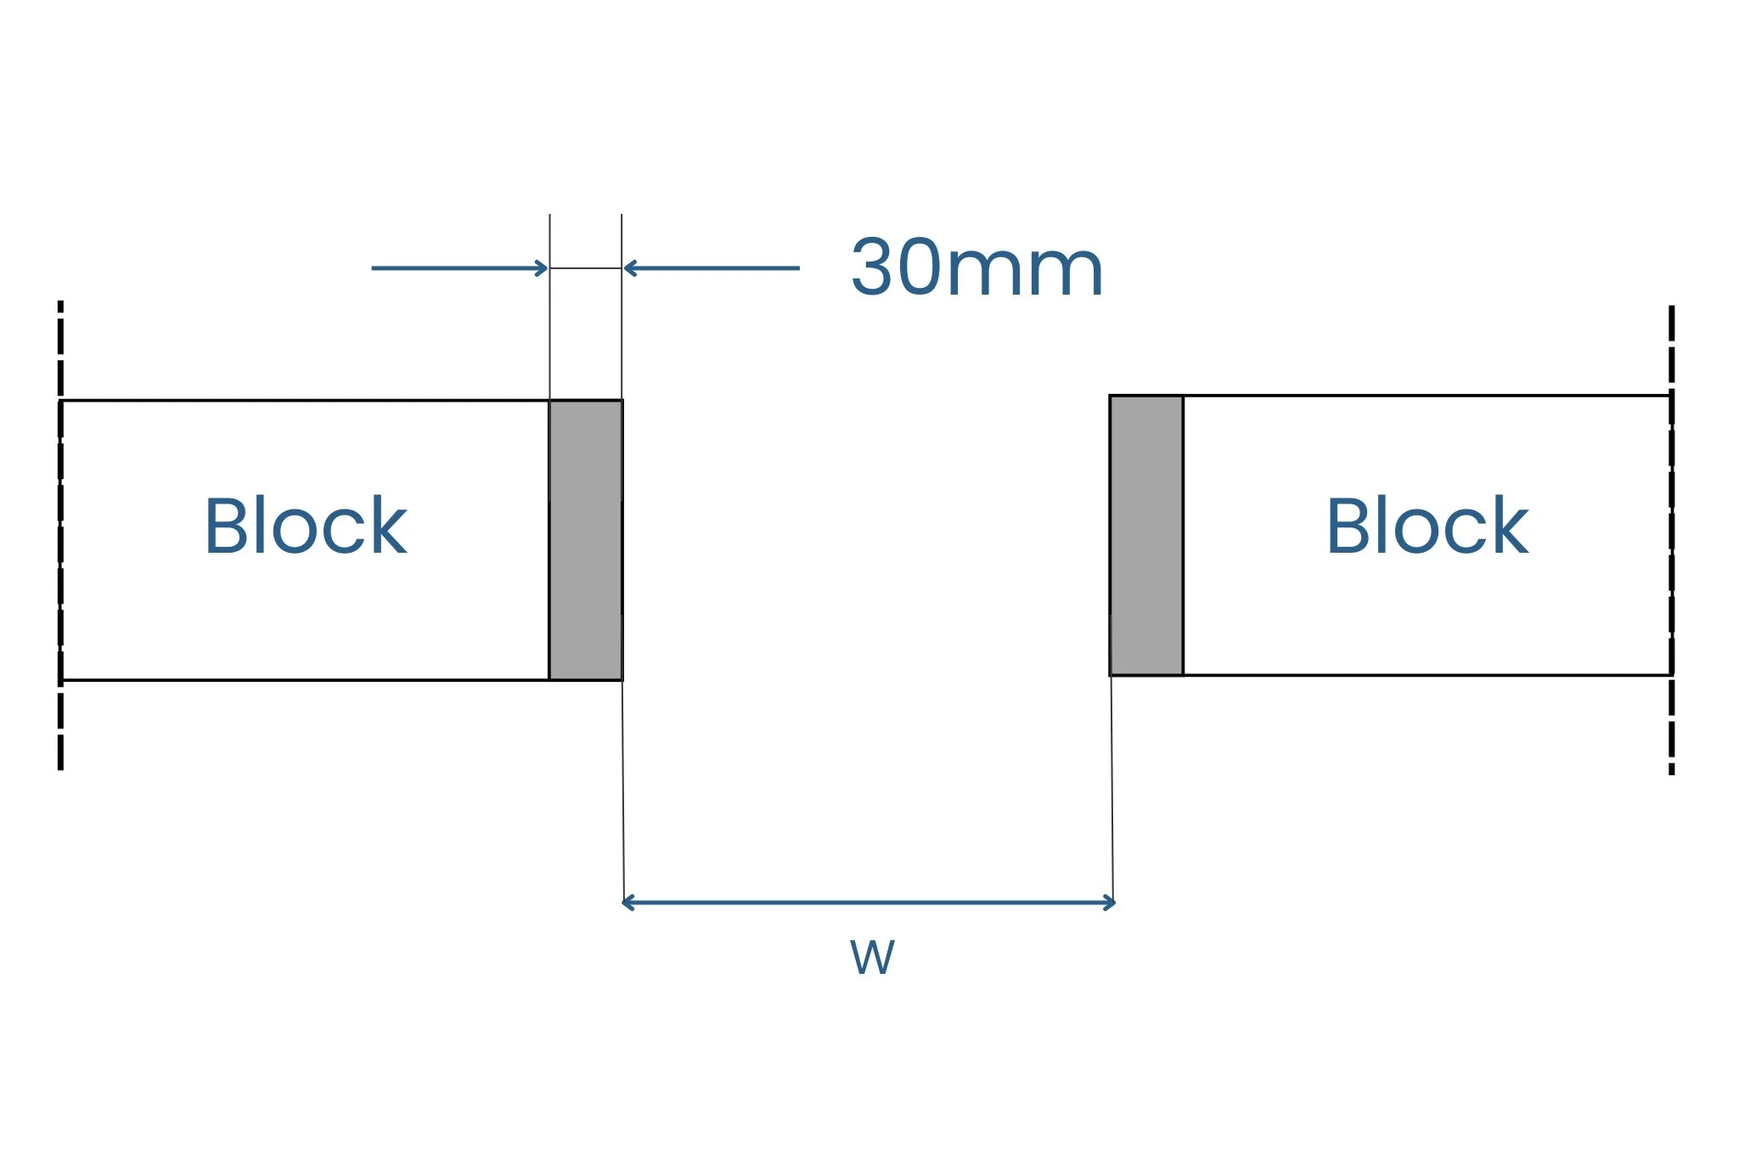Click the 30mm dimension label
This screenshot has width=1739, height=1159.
click(976, 268)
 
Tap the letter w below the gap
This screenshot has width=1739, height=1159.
click(872, 958)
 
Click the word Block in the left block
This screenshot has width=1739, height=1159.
click(306, 526)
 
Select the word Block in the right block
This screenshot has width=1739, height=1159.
click(1427, 526)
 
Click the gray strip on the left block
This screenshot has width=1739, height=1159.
click(586, 540)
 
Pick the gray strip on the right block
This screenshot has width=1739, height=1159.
click(1146, 535)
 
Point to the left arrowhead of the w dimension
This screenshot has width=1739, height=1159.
click(627, 903)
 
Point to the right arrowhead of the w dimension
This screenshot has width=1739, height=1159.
click(1110, 903)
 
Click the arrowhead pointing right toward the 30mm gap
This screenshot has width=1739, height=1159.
click(543, 268)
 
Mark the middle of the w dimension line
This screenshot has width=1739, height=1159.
click(869, 903)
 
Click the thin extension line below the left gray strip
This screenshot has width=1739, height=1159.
click(623, 790)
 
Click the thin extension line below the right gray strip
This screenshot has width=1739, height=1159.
click(1112, 790)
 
